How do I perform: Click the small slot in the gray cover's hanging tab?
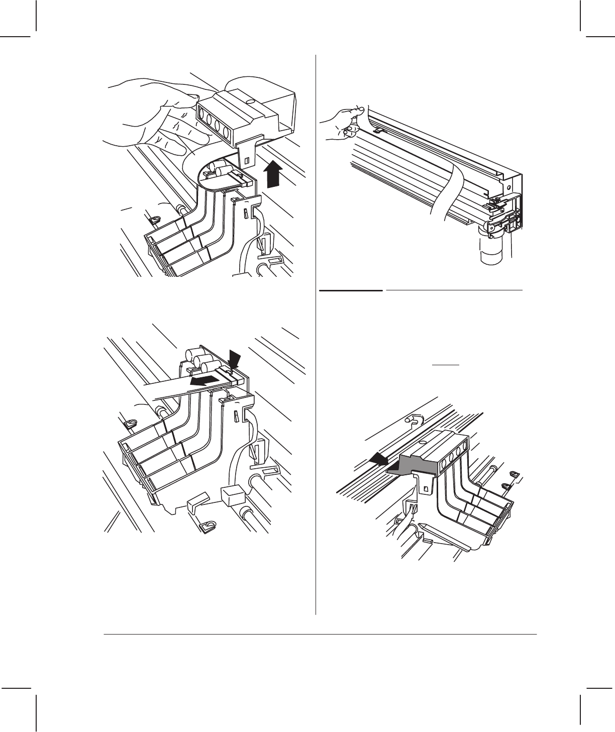[x=426, y=487]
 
